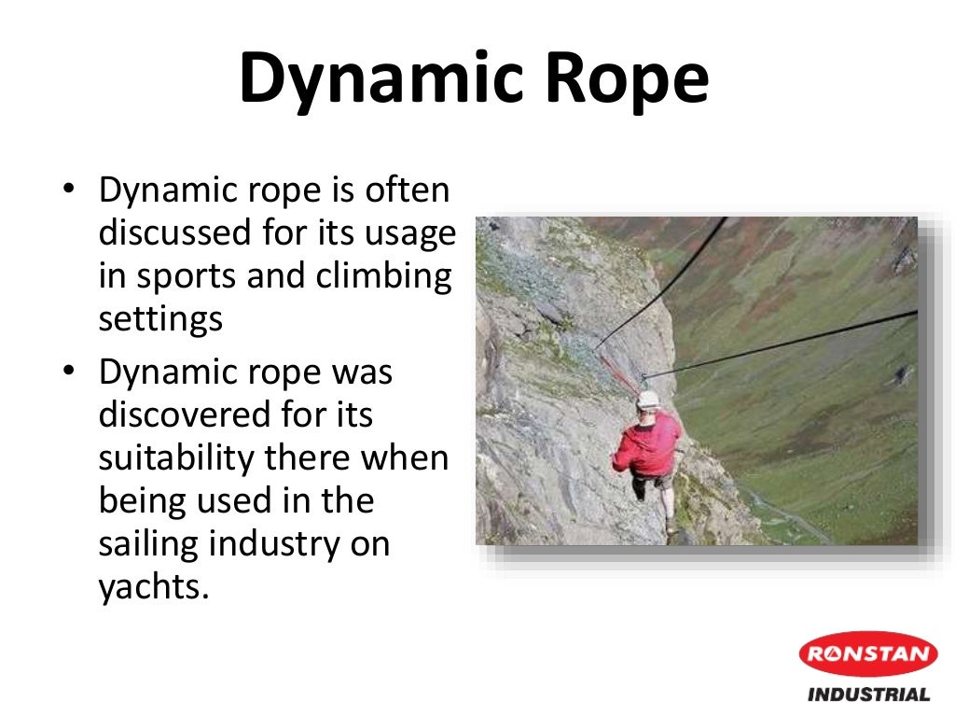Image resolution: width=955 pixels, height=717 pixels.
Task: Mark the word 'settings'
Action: [x=160, y=319]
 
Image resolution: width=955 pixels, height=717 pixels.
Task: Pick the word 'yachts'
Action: [x=149, y=588]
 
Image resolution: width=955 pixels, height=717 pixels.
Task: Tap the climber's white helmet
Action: [x=647, y=400]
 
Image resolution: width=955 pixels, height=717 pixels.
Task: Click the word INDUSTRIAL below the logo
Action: [x=868, y=695]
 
